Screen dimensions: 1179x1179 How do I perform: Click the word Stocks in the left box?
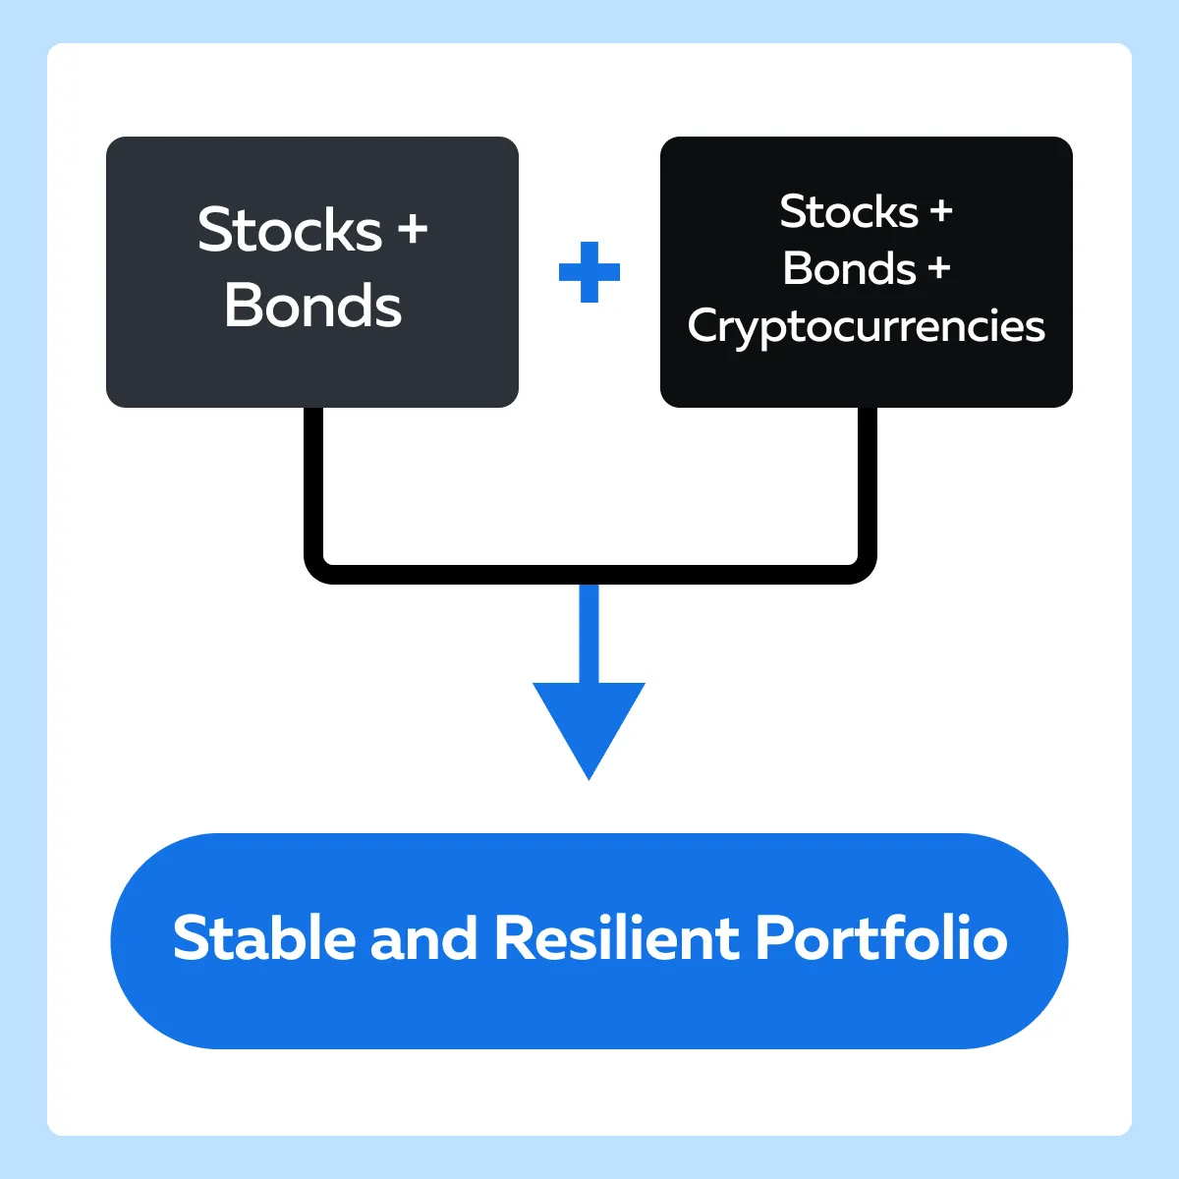point(290,230)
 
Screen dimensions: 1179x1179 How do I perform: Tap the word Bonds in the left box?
point(312,306)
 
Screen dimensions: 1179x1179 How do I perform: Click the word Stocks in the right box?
point(849,211)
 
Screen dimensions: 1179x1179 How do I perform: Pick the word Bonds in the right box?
point(849,268)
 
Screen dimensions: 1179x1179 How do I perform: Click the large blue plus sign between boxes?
point(589,272)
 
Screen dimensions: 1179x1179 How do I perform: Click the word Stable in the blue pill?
point(264,938)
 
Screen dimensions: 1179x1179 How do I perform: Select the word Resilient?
point(616,938)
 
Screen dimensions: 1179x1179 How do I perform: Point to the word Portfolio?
point(881,938)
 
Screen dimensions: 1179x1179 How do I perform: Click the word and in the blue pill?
point(423,938)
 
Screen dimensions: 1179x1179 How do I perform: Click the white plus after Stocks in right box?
point(941,211)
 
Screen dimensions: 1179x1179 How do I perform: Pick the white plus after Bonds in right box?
point(939,268)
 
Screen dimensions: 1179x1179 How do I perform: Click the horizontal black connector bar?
point(590,575)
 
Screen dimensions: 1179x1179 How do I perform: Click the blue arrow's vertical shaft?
point(589,634)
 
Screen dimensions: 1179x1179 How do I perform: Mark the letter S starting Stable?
point(191,938)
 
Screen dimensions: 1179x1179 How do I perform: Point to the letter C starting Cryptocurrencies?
point(705,325)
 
